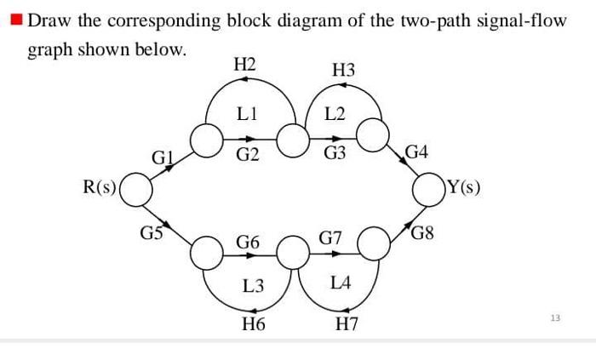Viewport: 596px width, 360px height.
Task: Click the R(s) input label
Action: (100, 186)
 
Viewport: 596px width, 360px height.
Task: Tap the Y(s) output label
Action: (463, 186)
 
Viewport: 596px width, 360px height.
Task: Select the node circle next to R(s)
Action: (140, 189)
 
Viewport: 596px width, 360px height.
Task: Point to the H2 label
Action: (244, 63)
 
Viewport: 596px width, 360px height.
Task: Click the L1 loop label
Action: (248, 112)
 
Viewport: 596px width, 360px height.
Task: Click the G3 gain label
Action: (335, 154)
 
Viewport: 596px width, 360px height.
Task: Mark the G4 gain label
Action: (417, 154)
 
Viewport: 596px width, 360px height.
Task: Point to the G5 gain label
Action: (152, 229)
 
